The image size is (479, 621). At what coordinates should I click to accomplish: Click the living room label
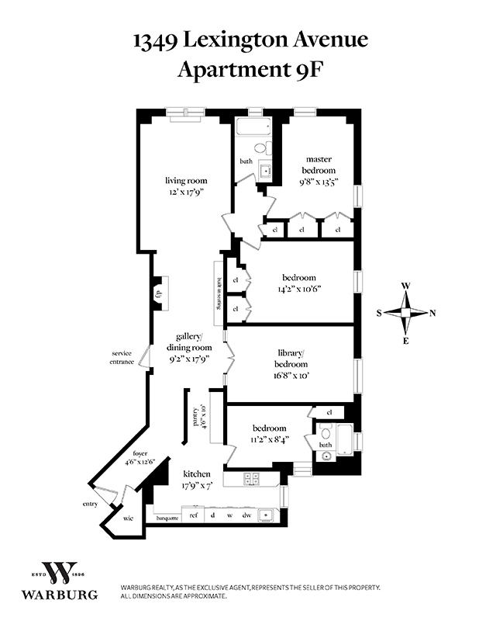[x=186, y=181]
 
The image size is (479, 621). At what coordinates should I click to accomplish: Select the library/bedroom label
[x=291, y=359]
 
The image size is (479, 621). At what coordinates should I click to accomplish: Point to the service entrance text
[x=122, y=358]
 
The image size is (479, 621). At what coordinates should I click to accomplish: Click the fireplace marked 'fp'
[x=158, y=293]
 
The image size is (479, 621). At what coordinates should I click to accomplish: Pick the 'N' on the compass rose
[x=432, y=313]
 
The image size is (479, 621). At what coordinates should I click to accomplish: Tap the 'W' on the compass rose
[x=405, y=286]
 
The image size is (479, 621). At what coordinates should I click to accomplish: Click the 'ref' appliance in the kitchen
[x=193, y=515]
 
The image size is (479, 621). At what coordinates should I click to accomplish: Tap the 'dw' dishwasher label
[x=246, y=515]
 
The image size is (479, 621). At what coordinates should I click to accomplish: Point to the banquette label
[x=167, y=516]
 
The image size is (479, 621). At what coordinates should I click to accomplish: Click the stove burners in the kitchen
[x=252, y=479]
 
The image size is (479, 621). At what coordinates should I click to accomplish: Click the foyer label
[x=140, y=457]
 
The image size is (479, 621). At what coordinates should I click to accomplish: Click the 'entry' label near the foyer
[x=90, y=504]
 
